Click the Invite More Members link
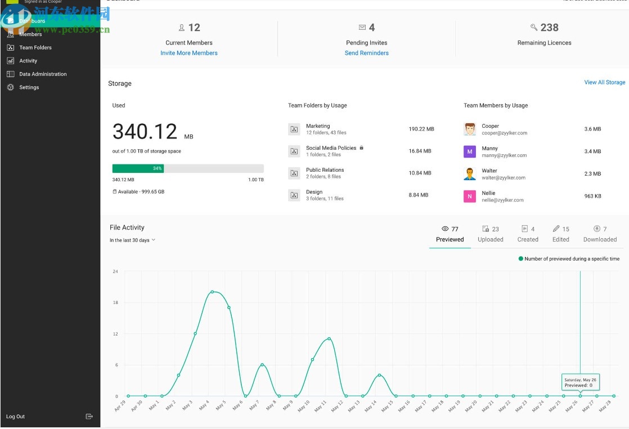pos(189,53)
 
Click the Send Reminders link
pos(367,53)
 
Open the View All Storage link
pos(604,82)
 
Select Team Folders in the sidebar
pos(35,48)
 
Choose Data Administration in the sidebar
pos(43,74)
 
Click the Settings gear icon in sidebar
pos(10,87)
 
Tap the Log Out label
pos(16,417)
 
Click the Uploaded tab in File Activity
pos(491,234)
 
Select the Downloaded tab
pos(600,234)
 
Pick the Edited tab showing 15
pos(561,234)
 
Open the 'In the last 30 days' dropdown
pos(132,240)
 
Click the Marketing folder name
pos(318,126)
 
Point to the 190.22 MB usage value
pos(421,129)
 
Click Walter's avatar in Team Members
pos(470,173)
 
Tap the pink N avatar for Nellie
pos(470,196)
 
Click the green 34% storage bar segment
pos(138,168)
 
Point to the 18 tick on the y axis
pos(115,303)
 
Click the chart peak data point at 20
pos(212,292)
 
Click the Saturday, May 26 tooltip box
pos(580,382)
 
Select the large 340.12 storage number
pos(145,132)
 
